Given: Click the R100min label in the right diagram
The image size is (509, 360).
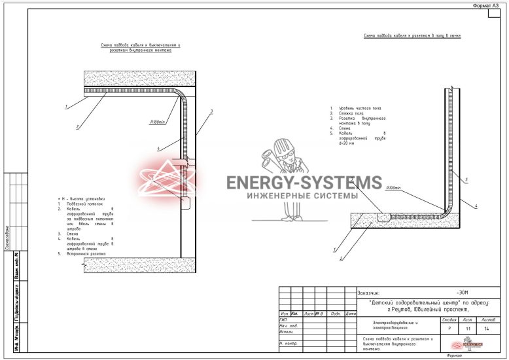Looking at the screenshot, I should [x=393, y=187].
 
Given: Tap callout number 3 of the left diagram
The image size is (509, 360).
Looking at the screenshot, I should [x=211, y=112].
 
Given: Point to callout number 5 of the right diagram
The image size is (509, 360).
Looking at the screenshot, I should [x=465, y=179].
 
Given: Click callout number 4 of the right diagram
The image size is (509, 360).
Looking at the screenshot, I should [x=476, y=206].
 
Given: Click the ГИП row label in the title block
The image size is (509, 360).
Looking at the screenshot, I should [x=283, y=320].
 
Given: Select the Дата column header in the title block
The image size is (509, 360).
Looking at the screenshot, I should [x=350, y=314].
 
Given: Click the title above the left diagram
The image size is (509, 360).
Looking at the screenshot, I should [x=140, y=47].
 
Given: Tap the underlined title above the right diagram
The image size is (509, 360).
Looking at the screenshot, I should [x=412, y=35].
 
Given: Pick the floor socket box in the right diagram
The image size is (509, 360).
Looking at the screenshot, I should [x=385, y=213].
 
